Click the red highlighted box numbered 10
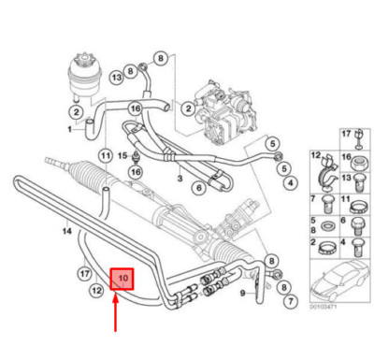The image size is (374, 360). click(x=122, y=279)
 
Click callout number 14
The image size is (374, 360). click(x=40, y=229)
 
